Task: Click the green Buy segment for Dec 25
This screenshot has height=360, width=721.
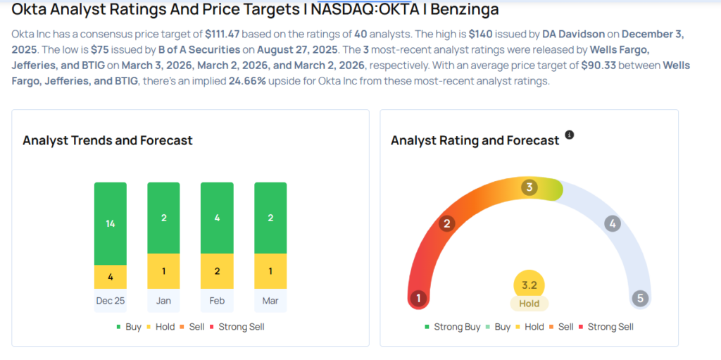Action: point(111,223)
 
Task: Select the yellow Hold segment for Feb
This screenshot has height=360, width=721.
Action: point(217,271)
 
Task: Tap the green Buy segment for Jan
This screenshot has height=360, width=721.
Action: point(163,218)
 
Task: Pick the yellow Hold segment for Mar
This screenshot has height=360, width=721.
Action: point(270,271)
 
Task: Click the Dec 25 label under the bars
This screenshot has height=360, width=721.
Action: point(111,300)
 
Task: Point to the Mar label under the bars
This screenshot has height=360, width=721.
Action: point(270,300)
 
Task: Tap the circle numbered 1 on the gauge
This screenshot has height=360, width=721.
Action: point(418,298)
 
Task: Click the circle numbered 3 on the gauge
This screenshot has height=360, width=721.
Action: point(529,187)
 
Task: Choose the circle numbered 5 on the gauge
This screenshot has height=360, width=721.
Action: point(640,298)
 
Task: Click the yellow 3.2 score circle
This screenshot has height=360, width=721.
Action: point(529,285)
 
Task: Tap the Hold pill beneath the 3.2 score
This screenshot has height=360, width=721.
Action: point(529,304)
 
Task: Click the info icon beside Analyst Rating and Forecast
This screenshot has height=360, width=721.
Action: point(570,135)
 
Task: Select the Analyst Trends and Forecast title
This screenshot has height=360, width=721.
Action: point(107,140)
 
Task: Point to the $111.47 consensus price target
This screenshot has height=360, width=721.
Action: point(224,34)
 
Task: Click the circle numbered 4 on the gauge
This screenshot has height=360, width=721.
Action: point(613,224)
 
